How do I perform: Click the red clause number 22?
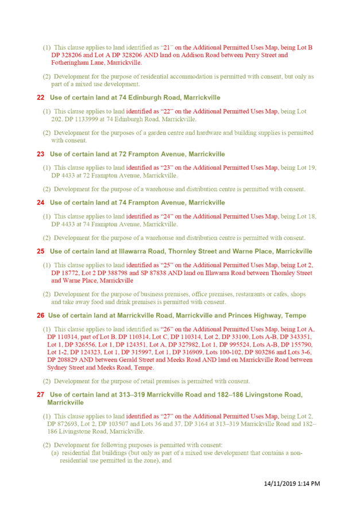click(40, 98)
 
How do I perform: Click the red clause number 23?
click(40, 154)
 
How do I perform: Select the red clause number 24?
click(40, 203)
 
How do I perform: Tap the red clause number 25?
click(40, 251)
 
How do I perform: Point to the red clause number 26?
click(40, 316)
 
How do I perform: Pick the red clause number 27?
click(40, 395)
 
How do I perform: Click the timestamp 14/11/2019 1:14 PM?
click(292, 484)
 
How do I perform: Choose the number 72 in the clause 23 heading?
click(122, 154)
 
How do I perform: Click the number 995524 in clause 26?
click(239, 344)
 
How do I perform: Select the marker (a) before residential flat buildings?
click(55, 453)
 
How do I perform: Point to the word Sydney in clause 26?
click(56, 368)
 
